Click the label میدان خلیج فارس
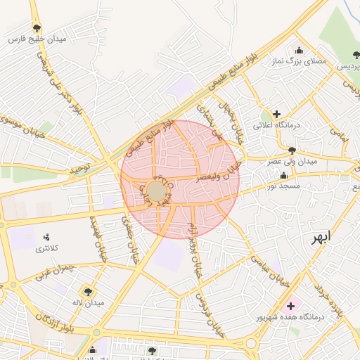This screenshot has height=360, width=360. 37,39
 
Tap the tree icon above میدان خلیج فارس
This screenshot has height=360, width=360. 37,28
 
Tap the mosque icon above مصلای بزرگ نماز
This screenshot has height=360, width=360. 300,50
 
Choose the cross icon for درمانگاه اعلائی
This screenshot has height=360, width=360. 276,114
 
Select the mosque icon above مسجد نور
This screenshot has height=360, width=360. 283,175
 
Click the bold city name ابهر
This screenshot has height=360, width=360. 326,238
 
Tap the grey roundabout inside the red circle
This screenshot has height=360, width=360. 157,191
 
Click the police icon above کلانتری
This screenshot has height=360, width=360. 46,237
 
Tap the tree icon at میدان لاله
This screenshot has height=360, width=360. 88,291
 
